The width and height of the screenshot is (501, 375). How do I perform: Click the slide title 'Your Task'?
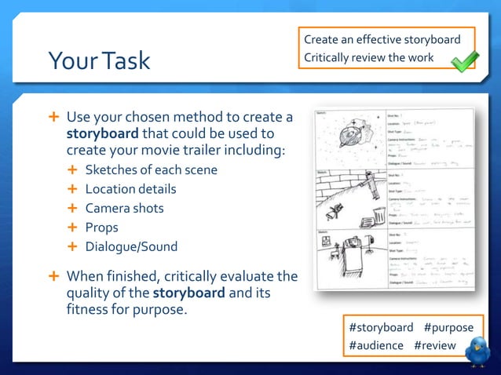point(99,60)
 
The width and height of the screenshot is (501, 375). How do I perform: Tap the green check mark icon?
point(464,60)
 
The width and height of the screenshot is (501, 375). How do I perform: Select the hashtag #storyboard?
point(381,327)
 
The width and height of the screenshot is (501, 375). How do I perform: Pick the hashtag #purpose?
point(449,327)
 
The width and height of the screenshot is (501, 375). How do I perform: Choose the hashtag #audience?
point(376,345)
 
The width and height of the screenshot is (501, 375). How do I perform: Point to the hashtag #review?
point(437,345)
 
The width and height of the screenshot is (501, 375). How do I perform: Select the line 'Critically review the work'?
point(368,57)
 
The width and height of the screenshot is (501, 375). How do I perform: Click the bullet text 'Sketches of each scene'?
point(151,170)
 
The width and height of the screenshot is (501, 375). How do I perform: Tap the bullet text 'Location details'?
point(130,189)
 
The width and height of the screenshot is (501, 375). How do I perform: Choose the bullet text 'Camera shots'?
point(124,208)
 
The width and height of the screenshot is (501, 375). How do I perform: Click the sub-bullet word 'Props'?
point(101,227)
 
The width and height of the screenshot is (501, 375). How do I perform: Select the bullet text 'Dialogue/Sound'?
point(131,246)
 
